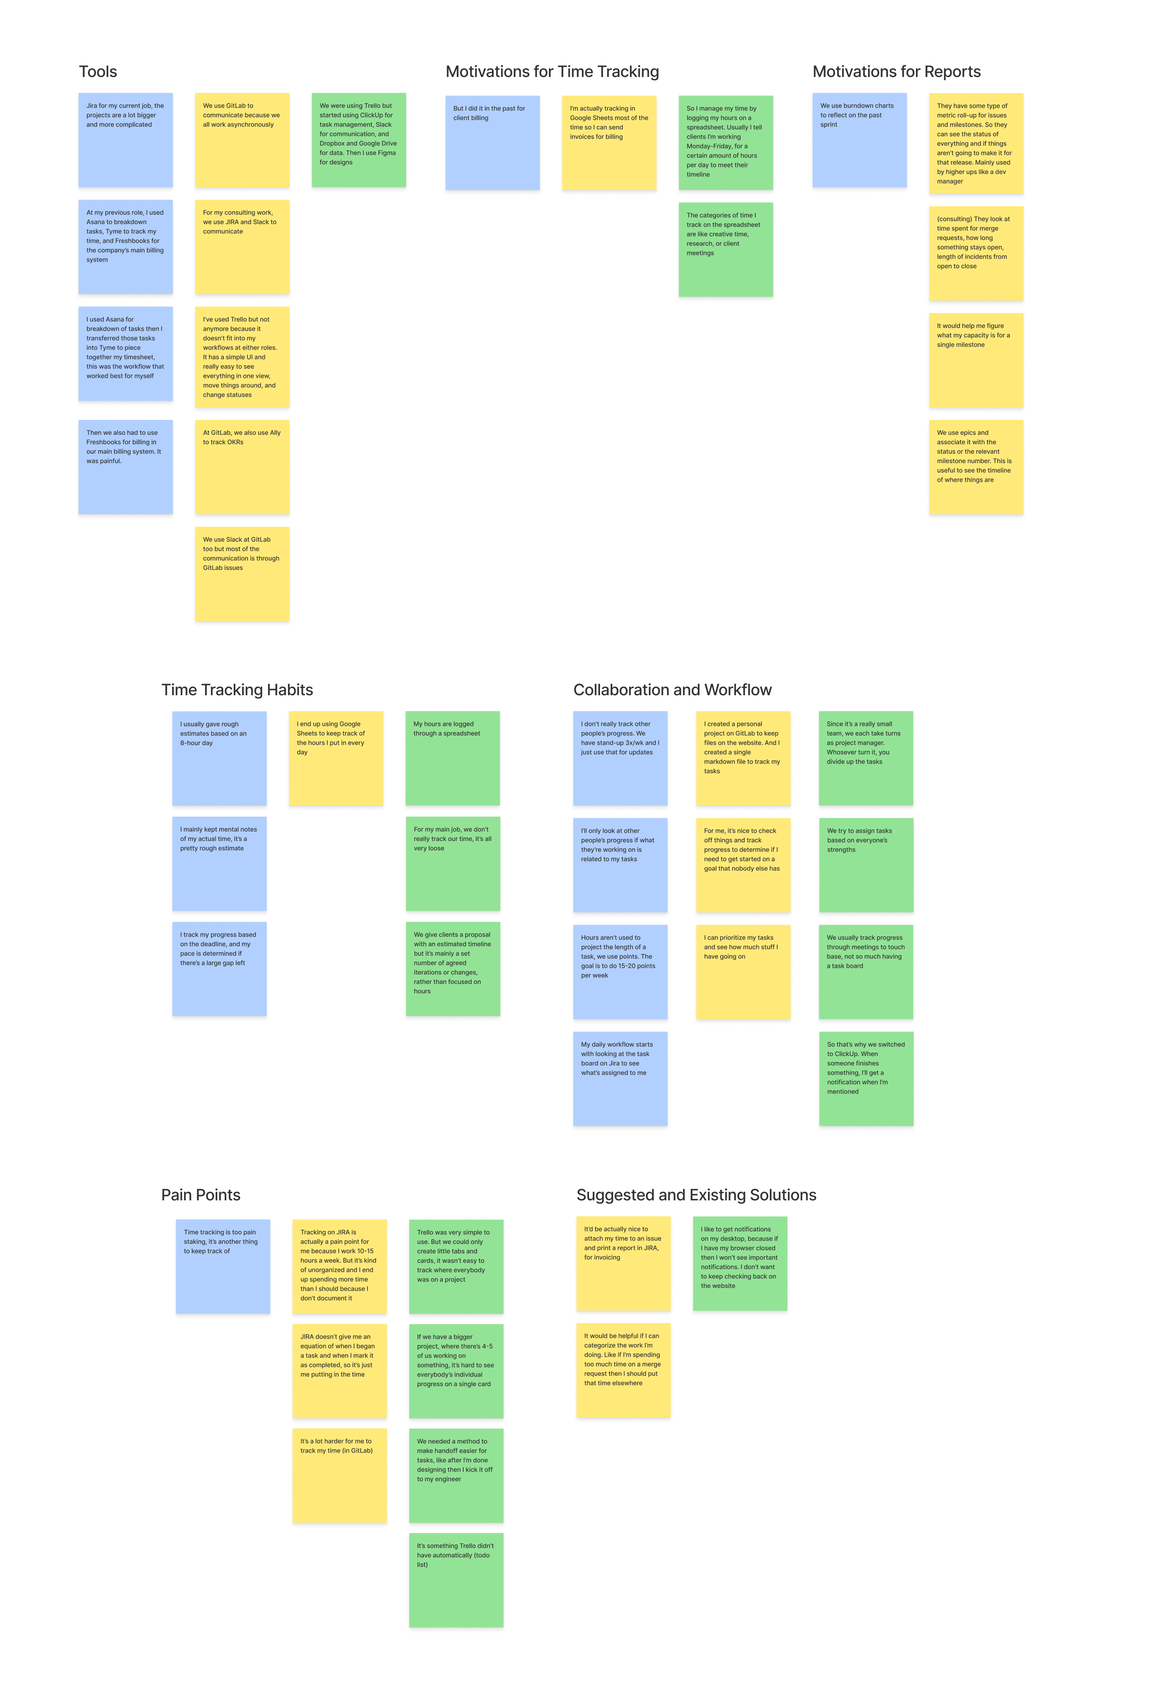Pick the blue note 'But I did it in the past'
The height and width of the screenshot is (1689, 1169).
tap(492, 143)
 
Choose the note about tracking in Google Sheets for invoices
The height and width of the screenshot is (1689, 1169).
tap(609, 143)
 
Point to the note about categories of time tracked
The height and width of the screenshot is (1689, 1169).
tap(725, 250)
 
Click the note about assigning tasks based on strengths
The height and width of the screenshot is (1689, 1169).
tap(866, 865)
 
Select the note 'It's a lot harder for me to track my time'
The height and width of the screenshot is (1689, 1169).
tap(339, 1475)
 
